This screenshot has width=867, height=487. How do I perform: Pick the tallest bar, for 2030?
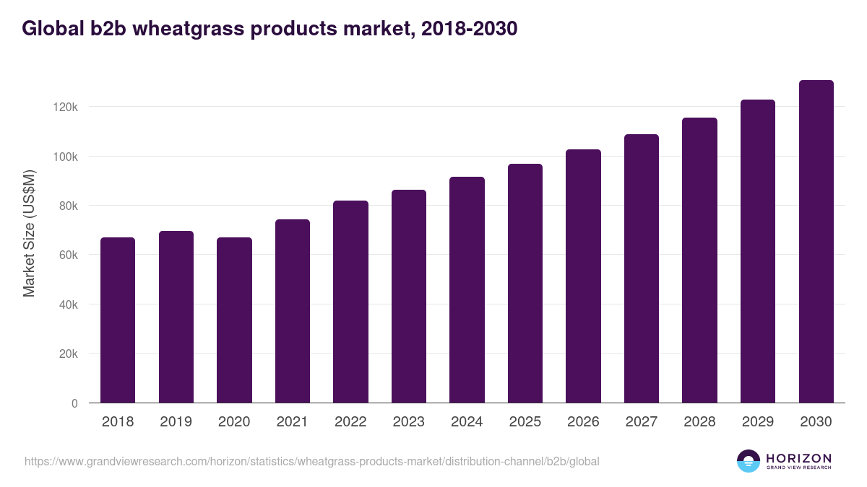(x=816, y=241)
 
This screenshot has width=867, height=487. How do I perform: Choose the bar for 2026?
(x=583, y=276)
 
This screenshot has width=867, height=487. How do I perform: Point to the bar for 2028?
(x=699, y=260)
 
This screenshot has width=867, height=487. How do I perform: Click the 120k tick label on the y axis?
(x=66, y=107)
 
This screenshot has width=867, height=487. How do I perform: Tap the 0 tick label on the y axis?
(x=74, y=403)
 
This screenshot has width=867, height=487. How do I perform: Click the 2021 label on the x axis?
(x=293, y=422)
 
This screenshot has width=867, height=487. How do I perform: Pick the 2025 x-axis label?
(x=525, y=422)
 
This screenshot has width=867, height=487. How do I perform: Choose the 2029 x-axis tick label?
(x=758, y=422)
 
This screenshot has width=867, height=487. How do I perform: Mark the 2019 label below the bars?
(x=176, y=422)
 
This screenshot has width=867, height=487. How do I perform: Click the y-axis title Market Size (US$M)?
(x=29, y=234)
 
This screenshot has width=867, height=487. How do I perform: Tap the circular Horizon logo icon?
(x=749, y=461)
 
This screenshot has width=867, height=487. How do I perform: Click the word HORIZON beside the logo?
(x=798, y=457)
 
